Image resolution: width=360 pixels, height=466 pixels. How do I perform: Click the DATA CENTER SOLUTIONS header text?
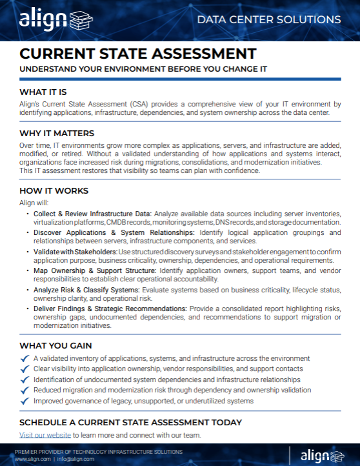(268, 20)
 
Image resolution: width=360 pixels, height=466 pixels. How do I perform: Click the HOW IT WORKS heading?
(54, 191)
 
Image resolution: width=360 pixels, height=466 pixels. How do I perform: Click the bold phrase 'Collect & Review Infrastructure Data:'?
(92, 213)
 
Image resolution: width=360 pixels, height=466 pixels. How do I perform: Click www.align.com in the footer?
(32, 459)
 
